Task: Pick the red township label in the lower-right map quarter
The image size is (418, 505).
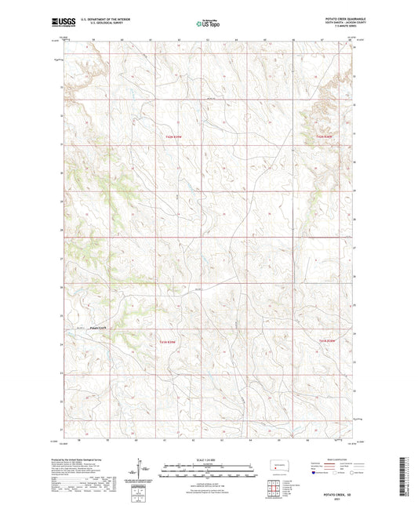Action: [327, 340]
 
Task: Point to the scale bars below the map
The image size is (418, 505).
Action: [208, 471]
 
